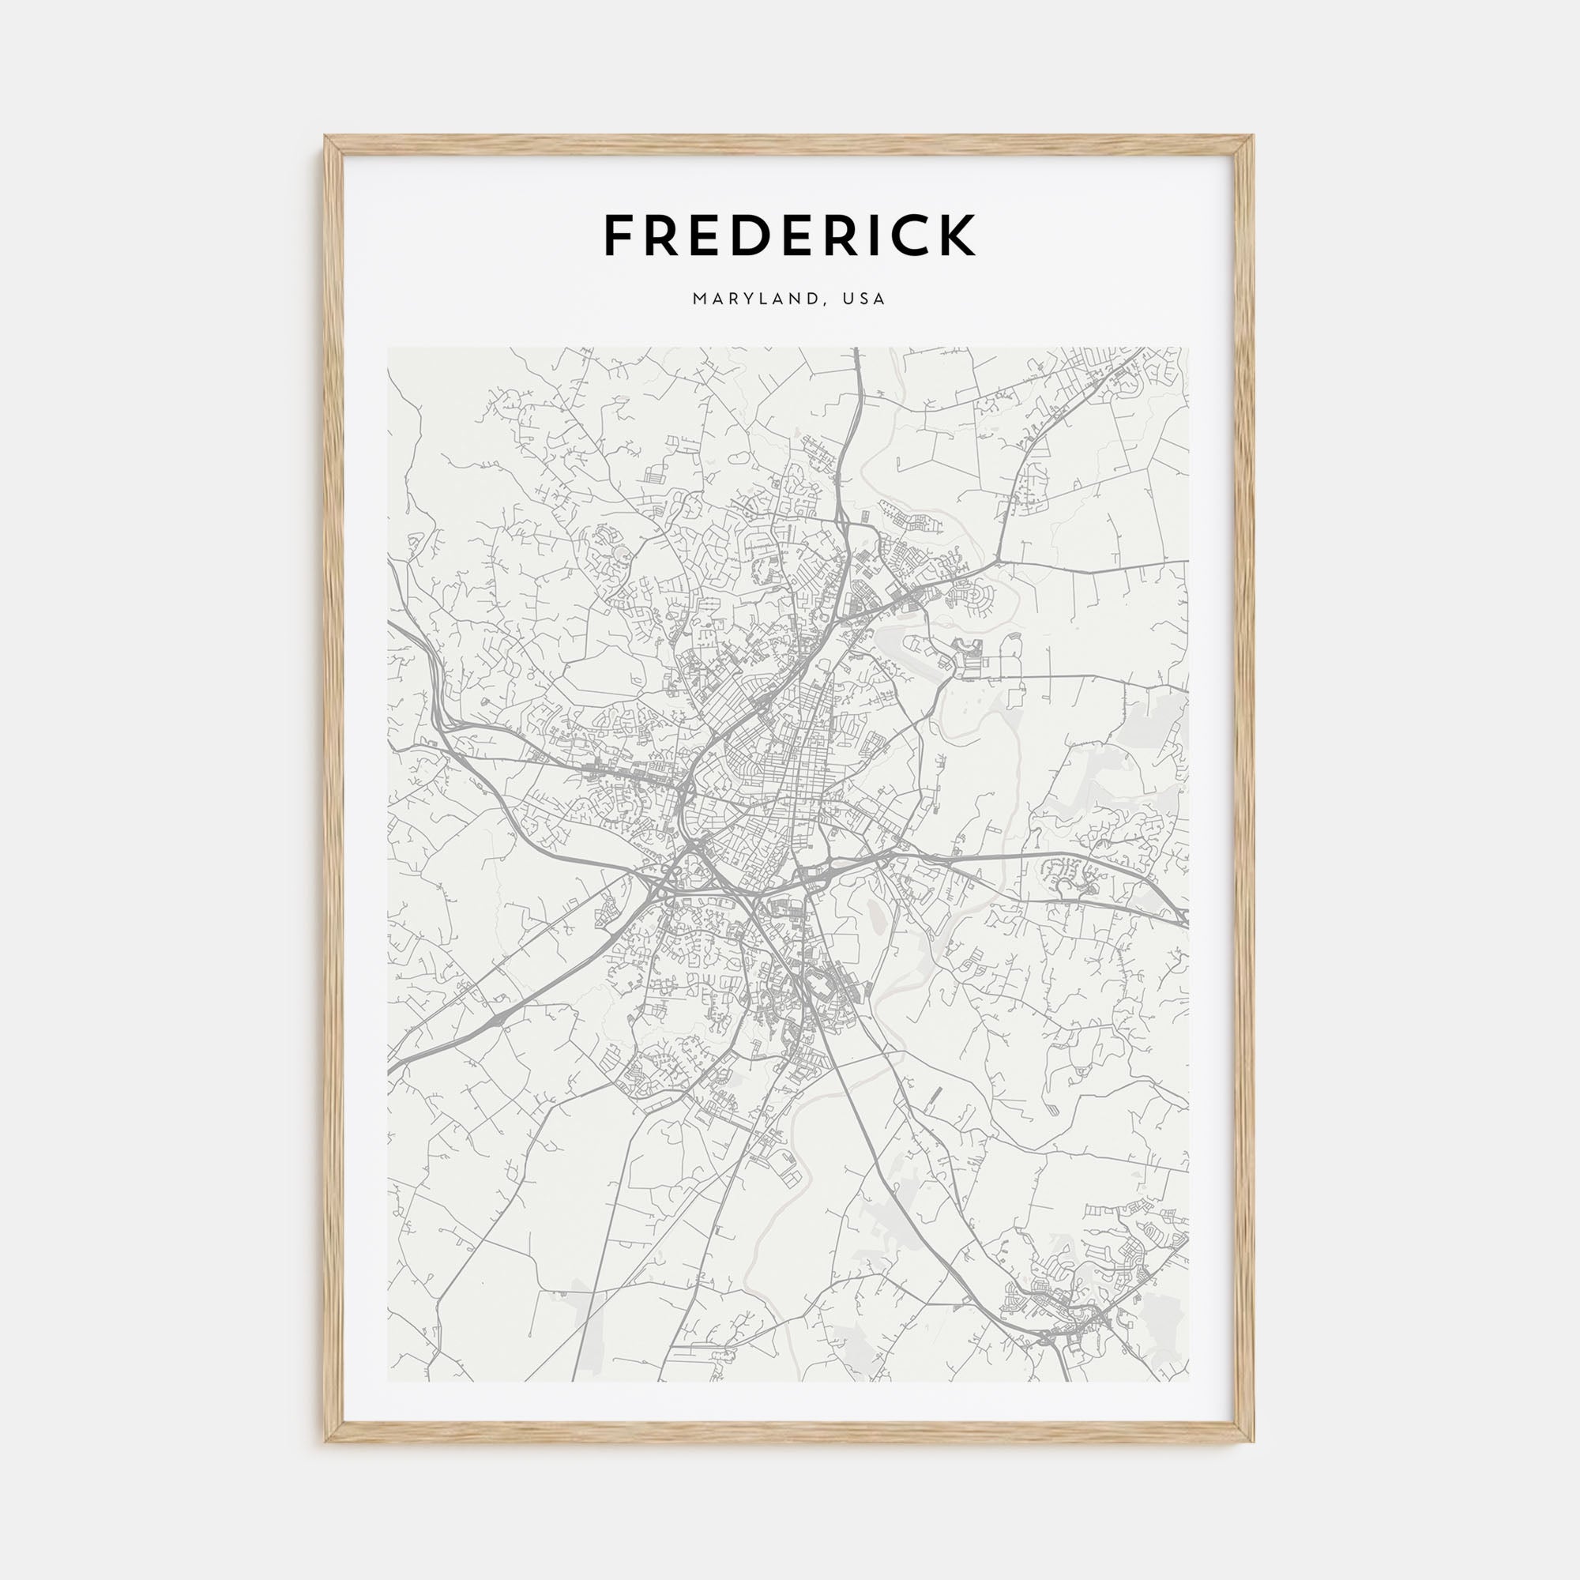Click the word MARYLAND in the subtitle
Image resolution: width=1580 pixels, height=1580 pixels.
(753, 299)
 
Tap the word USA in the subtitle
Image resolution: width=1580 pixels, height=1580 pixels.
(867, 299)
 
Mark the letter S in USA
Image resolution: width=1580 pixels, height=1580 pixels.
(867, 299)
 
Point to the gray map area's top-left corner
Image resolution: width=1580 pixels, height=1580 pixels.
(389, 348)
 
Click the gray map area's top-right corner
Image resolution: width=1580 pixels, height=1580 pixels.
(1189, 348)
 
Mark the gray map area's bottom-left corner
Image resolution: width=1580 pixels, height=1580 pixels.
(389, 1382)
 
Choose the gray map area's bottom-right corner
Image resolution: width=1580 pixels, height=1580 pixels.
(1189, 1382)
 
